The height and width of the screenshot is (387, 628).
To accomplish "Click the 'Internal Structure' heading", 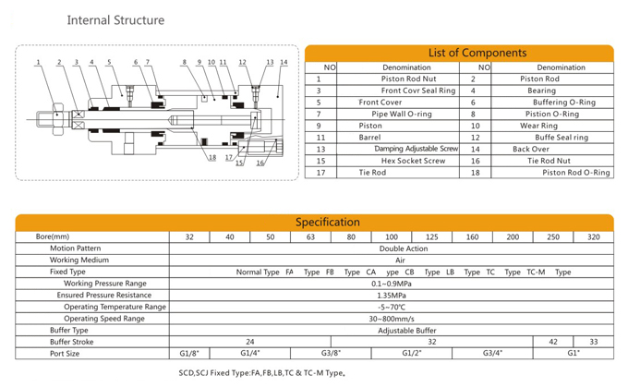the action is pyautogui.click(x=115, y=20).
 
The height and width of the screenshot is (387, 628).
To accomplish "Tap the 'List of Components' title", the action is pyautogui.click(x=477, y=53).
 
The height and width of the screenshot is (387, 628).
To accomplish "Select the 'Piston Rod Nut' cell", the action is pyautogui.click(x=408, y=79).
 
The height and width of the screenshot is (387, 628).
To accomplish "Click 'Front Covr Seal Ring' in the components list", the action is pyautogui.click(x=418, y=91).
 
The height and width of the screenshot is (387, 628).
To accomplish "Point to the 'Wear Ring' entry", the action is pyautogui.click(x=538, y=126).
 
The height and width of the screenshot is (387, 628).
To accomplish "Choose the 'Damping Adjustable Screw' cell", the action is pyautogui.click(x=417, y=149).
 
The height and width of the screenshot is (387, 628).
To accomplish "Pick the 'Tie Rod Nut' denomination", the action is pyautogui.click(x=549, y=161).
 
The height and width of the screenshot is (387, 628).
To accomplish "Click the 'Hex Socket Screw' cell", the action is pyautogui.click(x=413, y=161).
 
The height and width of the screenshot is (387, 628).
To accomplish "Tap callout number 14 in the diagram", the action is pyautogui.click(x=284, y=62).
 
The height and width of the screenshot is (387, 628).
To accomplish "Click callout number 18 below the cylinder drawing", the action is pyautogui.click(x=212, y=157).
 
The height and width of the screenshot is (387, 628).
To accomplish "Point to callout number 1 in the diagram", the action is pyautogui.click(x=39, y=62).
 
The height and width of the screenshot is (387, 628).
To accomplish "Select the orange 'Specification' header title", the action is pyautogui.click(x=328, y=222).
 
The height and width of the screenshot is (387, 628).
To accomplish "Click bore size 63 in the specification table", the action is pyautogui.click(x=310, y=236).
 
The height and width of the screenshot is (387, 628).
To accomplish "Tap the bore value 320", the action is pyautogui.click(x=594, y=236).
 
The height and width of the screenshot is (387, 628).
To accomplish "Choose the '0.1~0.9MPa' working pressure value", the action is pyautogui.click(x=392, y=284).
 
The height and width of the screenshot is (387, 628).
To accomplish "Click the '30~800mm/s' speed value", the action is pyautogui.click(x=392, y=319).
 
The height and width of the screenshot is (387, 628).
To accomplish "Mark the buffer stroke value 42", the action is pyautogui.click(x=553, y=342).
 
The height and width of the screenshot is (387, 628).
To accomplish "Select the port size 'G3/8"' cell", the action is pyautogui.click(x=331, y=354).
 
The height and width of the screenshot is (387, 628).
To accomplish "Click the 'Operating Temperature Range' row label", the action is pyautogui.click(x=115, y=307).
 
